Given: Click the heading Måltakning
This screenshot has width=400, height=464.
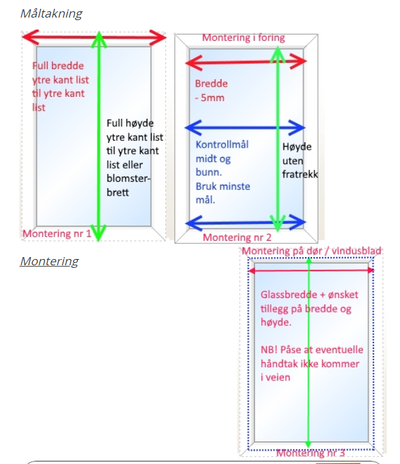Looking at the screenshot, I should point(51,13).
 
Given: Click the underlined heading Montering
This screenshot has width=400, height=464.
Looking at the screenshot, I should point(49,261).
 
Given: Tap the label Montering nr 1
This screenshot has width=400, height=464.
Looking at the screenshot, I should point(57,235).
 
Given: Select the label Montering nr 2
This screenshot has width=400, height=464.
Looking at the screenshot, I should point(237,238).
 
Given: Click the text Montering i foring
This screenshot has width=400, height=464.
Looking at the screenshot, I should point(243,38).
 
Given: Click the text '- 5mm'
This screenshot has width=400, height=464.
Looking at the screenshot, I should point(210,97).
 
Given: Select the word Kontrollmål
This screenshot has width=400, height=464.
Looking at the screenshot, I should point(222,145).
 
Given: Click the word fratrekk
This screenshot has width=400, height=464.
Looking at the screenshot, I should point(300,174).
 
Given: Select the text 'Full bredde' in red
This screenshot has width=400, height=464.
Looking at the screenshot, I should point(58,66).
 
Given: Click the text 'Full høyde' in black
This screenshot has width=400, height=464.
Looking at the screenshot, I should point(130,123).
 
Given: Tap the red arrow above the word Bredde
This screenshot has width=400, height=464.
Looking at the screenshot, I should point(246,61).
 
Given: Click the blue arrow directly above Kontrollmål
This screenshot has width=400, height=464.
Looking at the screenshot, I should point(245,128).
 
